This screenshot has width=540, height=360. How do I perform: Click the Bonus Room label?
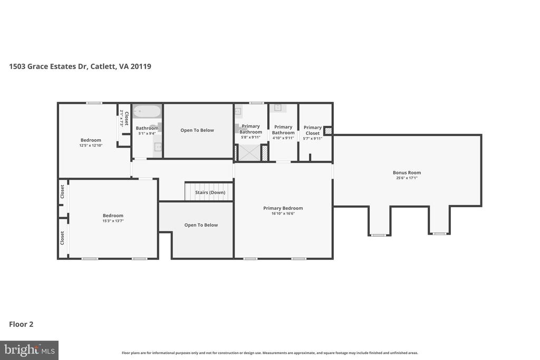click(407, 172)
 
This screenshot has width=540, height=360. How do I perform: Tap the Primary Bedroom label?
click(283, 208)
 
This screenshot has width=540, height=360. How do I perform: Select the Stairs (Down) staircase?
click(209, 192)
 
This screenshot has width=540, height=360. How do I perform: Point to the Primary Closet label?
click(313, 130)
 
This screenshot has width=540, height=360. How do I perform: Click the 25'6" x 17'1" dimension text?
click(407, 178)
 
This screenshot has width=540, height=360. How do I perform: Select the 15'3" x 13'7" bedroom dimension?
click(113, 221)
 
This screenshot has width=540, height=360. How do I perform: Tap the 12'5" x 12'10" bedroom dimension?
click(91, 145)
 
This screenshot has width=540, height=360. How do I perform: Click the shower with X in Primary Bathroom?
click(250, 153)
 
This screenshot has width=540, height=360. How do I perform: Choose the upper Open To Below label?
click(197, 130)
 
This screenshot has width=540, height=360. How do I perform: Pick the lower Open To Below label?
click(201, 225)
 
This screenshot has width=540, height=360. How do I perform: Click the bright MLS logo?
click(29, 350)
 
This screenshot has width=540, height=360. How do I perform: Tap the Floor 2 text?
click(21, 324)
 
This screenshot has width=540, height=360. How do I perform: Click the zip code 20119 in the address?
click(141, 66)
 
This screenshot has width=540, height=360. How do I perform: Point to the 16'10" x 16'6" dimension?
click(283, 213)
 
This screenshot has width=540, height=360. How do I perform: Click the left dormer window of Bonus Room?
click(379, 235)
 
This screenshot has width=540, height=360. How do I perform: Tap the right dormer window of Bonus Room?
click(439, 233)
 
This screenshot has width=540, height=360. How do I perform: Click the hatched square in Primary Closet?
click(328, 130)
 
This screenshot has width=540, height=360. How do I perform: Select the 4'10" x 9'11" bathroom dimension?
click(283, 138)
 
